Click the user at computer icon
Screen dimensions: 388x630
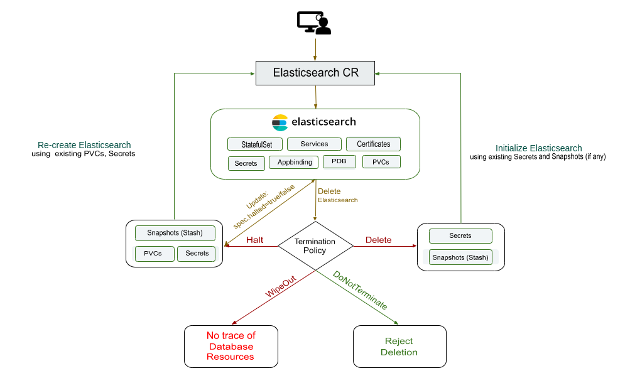pyautogui.click(x=314, y=23)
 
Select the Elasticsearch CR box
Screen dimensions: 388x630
pyautogui.click(x=315, y=73)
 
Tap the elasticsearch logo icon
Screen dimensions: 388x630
pyautogui.click(x=280, y=122)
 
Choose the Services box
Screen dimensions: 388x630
pyautogui.click(x=314, y=144)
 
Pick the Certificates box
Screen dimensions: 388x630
pyautogui.click(x=373, y=144)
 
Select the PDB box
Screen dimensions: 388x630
pyautogui.click(x=339, y=162)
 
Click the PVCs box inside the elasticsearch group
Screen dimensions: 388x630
pyautogui.click(x=380, y=163)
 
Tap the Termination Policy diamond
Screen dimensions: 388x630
pyautogui.click(x=315, y=246)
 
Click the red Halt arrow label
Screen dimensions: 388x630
pyautogui.click(x=255, y=240)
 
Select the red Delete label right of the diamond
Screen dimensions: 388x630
pyautogui.click(x=378, y=240)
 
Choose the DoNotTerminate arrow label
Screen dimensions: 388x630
pyautogui.click(x=359, y=290)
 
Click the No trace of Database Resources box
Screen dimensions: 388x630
pyautogui.click(x=231, y=346)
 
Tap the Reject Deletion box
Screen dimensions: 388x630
pyautogui.click(x=399, y=347)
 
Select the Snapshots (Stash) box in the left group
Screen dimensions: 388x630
pyautogui.click(x=175, y=233)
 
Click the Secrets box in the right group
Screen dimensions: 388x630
pyautogui.click(x=460, y=236)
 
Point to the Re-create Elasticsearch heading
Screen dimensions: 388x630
pyautogui.click(x=84, y=145)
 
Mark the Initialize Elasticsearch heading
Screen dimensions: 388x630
pyautogui.click(x=538, y=148)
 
